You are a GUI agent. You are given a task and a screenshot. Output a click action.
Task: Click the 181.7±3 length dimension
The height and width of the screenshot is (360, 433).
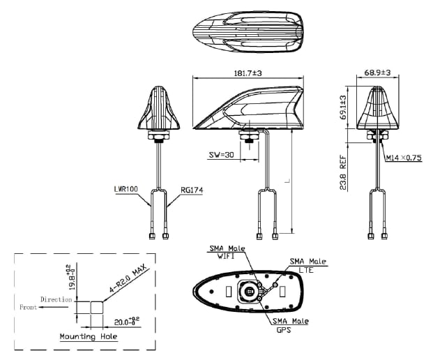pyautogui.click(x=248, y=73)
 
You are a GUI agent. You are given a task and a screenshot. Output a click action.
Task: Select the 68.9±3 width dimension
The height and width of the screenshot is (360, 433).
pyautogui.click(x=377, y=73)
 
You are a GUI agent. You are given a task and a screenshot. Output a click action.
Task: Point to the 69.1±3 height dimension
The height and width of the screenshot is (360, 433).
pyautogui.click(x=343, y=108)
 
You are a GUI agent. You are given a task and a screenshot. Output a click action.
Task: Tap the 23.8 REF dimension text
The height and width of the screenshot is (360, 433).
pyautogui.click(x=343, y=172)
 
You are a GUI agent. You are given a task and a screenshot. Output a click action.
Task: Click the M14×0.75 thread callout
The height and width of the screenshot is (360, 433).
pyautogui.click(x=404, y=158)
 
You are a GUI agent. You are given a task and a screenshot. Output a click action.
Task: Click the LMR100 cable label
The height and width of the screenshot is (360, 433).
pyautogui.click(x=126, y=189)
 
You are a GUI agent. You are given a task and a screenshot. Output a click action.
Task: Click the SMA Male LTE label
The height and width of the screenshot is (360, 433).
pyautogui.click(x=307, y=264)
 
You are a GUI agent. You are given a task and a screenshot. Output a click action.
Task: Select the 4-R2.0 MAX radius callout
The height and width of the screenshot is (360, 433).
pyautogui.click(x=125, y=283)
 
